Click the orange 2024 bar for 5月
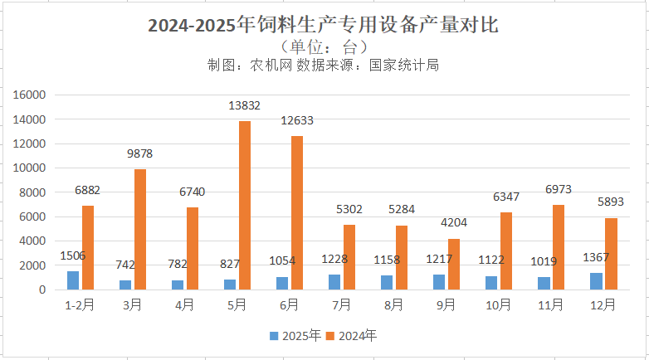(x=245, y=205)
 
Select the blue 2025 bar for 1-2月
(x=73, y=280)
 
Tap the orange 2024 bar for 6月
(x=297, y=212)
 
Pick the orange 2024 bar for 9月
(x=453, y=264)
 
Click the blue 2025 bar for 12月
(x=596, y=281)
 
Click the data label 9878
(x=140, y=153)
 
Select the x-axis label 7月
(x=342, y=305)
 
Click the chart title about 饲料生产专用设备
(x=323, y=26)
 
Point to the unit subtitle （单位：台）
(x=323, y=46)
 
